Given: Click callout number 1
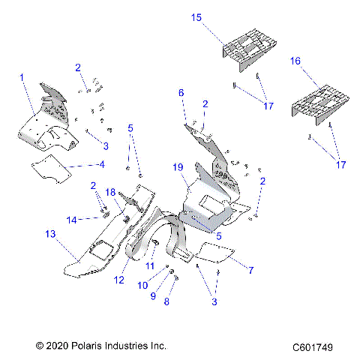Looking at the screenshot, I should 22,77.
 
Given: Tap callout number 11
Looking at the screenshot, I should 150,266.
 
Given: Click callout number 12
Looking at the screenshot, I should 139,280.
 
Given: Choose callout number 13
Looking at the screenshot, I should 50,235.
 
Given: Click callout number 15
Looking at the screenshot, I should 196,16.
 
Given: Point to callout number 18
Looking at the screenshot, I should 110,193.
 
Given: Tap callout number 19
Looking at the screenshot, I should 178,166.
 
